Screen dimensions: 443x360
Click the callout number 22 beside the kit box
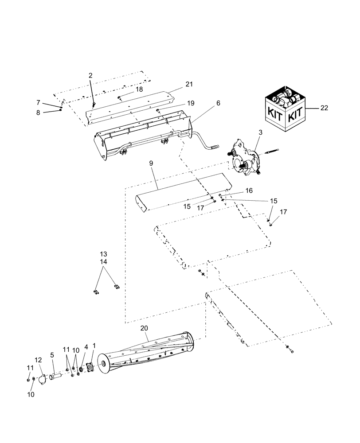[x=324, y=108]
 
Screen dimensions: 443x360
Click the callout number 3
[x=260, y=132]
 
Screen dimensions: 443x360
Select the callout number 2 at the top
[x=90, y=76]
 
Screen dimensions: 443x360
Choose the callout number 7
[x=38, y=103]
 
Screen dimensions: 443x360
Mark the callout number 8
[x=38, y=113]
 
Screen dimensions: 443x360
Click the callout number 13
[x=103, y=254]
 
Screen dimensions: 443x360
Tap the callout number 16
[x=249, y=190]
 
